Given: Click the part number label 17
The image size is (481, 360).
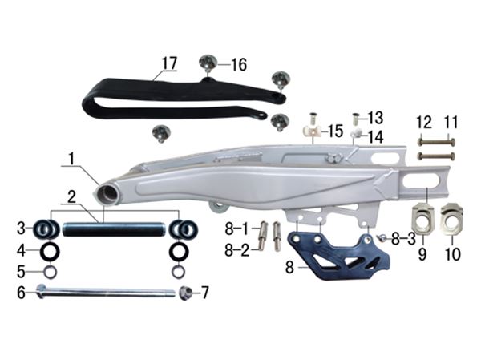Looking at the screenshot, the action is pos(170,63).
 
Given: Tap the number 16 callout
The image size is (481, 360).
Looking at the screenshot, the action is pos(239,65).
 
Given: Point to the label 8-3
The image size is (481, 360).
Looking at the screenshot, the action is pos(403,238).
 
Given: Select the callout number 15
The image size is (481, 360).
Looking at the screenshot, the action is pos(336,131).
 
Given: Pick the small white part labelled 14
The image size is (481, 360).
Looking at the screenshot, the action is pos(357,133).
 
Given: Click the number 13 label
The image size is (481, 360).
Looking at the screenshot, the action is pos(376,118).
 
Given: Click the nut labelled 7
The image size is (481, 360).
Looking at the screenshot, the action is pos(186,293).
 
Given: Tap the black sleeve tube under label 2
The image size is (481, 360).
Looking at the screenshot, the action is pos(114,229).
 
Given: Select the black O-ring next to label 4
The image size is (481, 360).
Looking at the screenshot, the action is pos(50,251).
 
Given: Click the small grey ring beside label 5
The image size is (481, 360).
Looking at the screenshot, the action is pos(50,272).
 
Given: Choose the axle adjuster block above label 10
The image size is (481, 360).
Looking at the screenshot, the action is pos(451,219).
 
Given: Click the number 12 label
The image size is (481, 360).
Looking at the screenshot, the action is pos(424,122).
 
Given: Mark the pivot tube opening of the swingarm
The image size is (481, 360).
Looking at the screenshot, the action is pos(107,194).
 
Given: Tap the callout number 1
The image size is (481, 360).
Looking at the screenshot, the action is pos(71,159).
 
